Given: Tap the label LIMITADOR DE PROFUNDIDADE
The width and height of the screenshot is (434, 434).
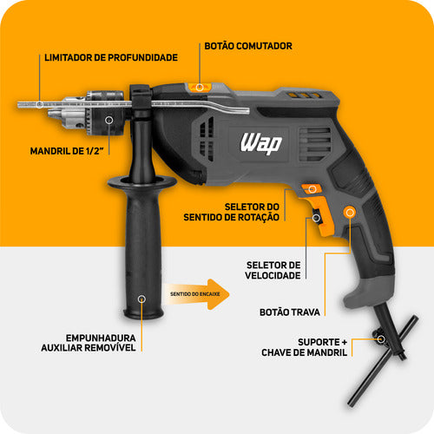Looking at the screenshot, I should pos(110,57).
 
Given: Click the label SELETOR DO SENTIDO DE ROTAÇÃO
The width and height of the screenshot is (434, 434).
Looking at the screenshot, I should pos(252,211).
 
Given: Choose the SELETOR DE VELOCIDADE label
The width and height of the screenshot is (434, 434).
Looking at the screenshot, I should pos(273,270).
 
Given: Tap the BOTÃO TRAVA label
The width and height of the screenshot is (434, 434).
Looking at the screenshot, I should pos(290,310).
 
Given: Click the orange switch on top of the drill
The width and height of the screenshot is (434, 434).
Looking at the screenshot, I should pos(201,87).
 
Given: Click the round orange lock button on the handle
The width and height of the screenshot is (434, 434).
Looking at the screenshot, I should pos(350,211).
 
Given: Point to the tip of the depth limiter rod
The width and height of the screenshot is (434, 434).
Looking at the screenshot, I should pos(22,103).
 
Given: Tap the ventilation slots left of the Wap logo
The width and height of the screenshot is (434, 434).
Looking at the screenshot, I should pos(206,139).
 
